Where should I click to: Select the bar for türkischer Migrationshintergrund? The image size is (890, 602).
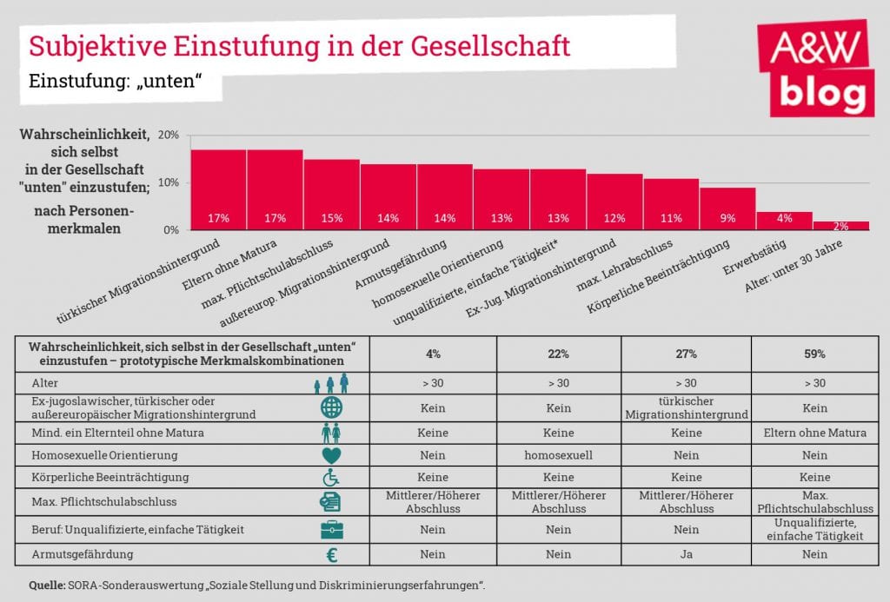pos(218,190)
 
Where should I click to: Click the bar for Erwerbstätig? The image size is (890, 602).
pos(784,222)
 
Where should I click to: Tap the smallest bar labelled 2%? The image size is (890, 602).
pos(840,226)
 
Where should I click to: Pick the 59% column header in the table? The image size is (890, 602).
pos(814,354)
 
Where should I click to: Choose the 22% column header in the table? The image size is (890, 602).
pos(558,354)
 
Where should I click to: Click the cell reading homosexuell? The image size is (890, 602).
pos(558,454)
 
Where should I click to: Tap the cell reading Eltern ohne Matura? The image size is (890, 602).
pos(814,431)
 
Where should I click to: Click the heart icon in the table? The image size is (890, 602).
pos(331,454)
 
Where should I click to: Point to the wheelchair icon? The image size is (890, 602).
pos(331,477)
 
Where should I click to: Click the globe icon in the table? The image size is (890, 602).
pos(331,407)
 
